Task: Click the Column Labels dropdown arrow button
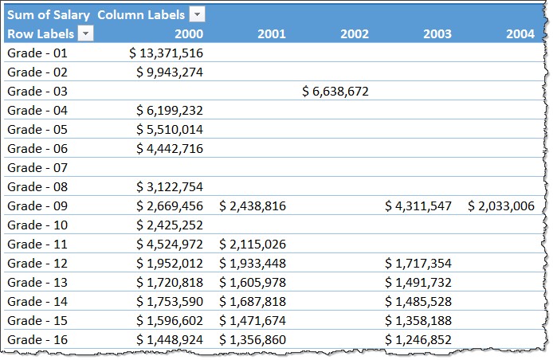tap(197, 15)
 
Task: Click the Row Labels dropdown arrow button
tap(85, 33)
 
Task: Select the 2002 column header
tap(354, 33)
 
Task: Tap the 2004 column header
tap(520, 33)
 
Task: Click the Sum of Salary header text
tap(46, 15)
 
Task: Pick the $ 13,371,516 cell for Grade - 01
tap(166, 53)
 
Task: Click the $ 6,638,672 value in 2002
tap(335, 92)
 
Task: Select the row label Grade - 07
tap(37, 168)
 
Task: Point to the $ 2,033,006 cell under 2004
tap(500, 206)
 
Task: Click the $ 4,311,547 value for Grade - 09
tap(418, 206)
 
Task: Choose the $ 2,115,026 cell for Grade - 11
tap(253, 245)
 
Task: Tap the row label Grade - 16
tap(37, 340)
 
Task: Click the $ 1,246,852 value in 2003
tap(418, 340)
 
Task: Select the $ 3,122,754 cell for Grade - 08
tap(166, 187)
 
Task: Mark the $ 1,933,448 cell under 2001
tap(253, 264)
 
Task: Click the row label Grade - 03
tap(37, 92)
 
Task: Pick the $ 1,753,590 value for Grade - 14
tap(166, 302)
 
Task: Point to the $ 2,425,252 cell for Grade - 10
tap(166, 225)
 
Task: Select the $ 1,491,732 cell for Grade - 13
tap(418, 283)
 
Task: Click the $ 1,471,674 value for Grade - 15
tap(253, 321)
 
